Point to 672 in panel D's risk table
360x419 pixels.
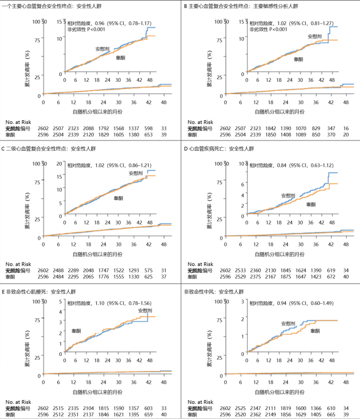click(x=331, y=277)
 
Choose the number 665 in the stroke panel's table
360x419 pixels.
click(x=331, y=415)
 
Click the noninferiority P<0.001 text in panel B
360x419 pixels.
click(x=268, y=30)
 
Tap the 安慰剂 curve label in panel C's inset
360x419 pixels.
click(x=136, y=173)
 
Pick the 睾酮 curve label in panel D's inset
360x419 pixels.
click(x=310, y=204)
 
